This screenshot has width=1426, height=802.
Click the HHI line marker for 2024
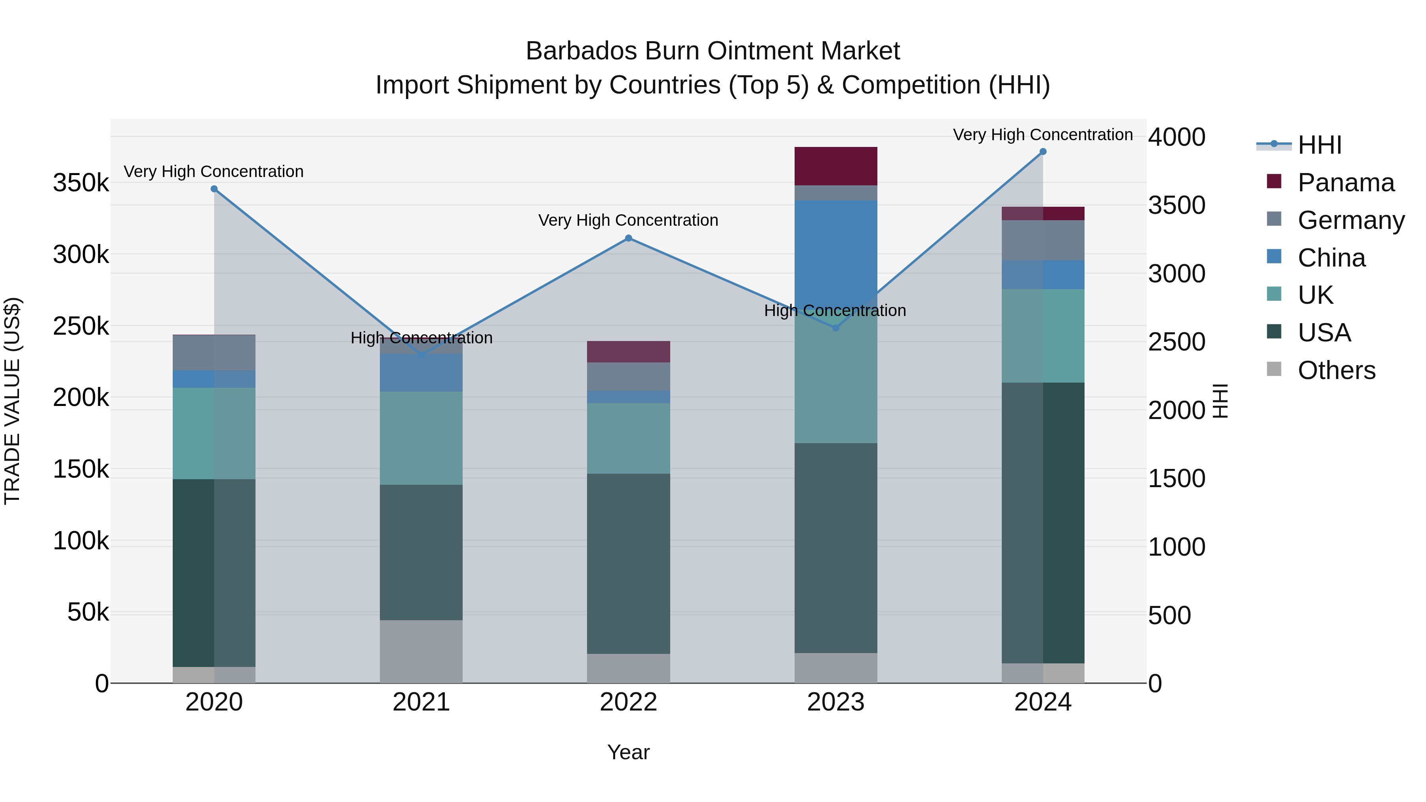(1043, 152)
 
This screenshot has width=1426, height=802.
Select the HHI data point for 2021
(421, 355)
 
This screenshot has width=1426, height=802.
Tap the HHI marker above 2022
(628, 238)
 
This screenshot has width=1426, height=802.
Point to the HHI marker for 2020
(214, 189)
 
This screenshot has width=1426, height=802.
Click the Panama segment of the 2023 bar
(836, 166)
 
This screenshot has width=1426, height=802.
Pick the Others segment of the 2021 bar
(421, 652)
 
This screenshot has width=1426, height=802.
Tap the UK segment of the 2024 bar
(1043, 335)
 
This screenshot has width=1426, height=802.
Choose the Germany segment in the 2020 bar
(214, 352)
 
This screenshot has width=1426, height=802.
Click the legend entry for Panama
(1345, 183)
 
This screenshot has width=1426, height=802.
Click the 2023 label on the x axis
(835, 702)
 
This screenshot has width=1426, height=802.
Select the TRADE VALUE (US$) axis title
(12, 401)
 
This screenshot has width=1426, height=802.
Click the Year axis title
(628, 752)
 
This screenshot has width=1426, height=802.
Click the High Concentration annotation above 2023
(835, 311)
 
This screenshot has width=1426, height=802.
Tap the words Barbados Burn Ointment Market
(713, 51)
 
